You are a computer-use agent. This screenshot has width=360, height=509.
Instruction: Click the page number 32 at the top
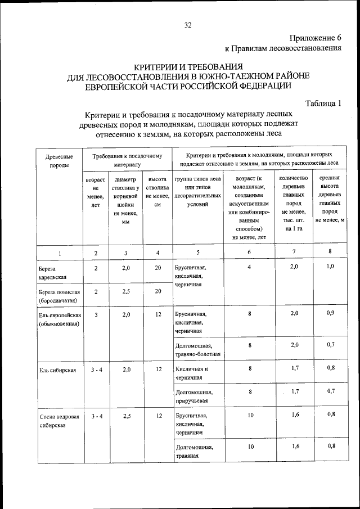coord(187,25)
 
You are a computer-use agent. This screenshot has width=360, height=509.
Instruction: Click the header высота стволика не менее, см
coord(157,192)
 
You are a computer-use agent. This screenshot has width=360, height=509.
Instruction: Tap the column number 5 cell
coord(198,253)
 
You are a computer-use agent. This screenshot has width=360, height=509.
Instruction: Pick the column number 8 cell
coord(330,251)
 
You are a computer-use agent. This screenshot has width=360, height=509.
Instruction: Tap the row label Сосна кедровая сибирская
coord(57,421)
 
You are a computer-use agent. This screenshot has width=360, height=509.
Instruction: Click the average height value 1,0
coord(330,267)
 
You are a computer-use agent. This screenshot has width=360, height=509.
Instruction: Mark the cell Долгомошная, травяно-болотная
coord(197,350)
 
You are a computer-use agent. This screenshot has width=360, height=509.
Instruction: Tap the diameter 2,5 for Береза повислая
coord(126,291)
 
